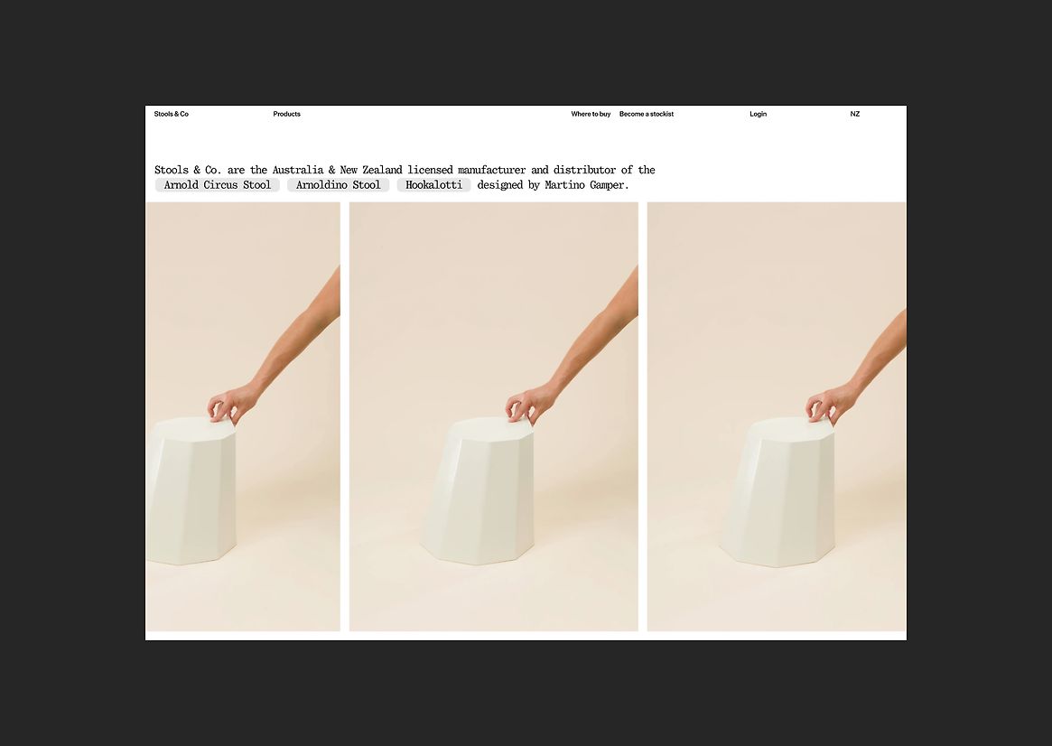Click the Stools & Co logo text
tap(171, 114)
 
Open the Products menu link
tap(286, 114)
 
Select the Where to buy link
tap(591, 114)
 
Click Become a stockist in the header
tap(646, 114)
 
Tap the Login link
tap(759, 114)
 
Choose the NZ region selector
tap(855, 114)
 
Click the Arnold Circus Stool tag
tap(218, 185)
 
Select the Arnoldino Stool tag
tap(338, 185)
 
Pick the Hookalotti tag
tap(433, 185)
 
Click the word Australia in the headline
tap(298, 170)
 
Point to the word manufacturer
tap(492, 170)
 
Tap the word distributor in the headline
tap(584, 170)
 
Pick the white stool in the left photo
tap(191, 490)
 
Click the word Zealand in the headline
tap(383, 170)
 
